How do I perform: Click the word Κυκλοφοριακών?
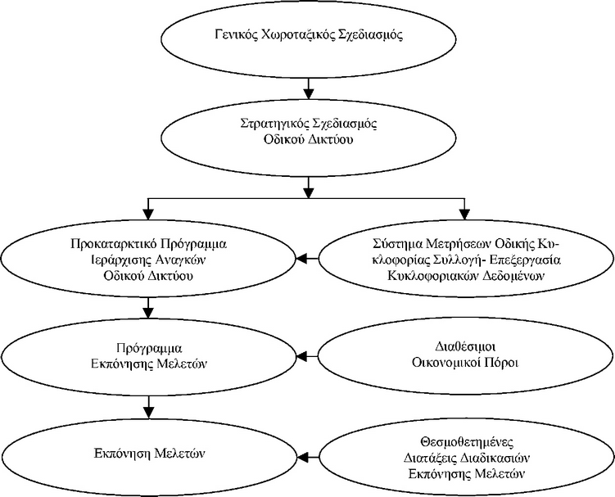point(420,276)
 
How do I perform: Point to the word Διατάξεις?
point(429,458)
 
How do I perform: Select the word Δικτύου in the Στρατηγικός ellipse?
point(332,139)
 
